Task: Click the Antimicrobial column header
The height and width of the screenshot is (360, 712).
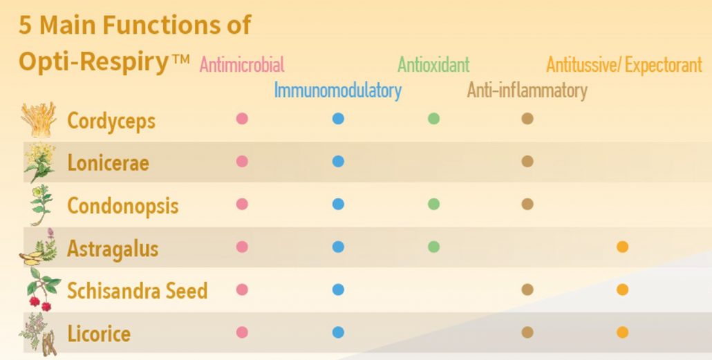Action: (241, 65)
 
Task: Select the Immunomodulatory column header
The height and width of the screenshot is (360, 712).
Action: (337, 90)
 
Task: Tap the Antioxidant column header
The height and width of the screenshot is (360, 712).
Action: (433, 65)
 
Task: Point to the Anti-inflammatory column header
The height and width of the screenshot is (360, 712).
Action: (527, 90)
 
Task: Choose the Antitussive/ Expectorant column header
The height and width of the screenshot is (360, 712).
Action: (624, 65)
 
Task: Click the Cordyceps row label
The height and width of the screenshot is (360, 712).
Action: (111, 121)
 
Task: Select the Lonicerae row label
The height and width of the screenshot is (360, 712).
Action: (108, 163)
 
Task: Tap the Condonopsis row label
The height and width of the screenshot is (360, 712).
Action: (122, 206)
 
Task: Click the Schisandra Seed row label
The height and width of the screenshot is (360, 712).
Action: (137, 291)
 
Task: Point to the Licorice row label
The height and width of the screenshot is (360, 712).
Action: (98, 334)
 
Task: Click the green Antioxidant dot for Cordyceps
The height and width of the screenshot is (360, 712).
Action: (433, 119)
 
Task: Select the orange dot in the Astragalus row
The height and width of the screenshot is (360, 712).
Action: (622, 247)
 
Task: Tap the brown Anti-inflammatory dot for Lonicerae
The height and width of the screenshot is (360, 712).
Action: (527, 162)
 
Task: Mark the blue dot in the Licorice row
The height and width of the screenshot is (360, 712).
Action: (338, 332)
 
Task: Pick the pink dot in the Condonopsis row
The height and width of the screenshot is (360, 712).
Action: (242, 205)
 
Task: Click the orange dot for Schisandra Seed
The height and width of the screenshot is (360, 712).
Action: (622, 290)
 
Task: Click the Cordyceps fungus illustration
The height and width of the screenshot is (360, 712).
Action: (39, 120)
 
